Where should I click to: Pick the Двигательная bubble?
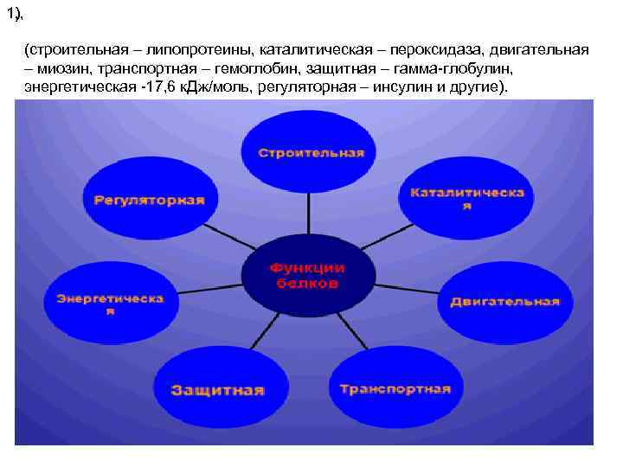[x=504, y=302]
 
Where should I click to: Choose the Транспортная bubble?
[x=395, y=389]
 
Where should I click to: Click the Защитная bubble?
[x=217, y=390]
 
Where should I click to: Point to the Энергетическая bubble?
[x=111, y=303]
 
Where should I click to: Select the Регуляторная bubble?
[x=150, y=201]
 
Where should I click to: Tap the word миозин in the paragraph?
[x=65, y=69]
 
